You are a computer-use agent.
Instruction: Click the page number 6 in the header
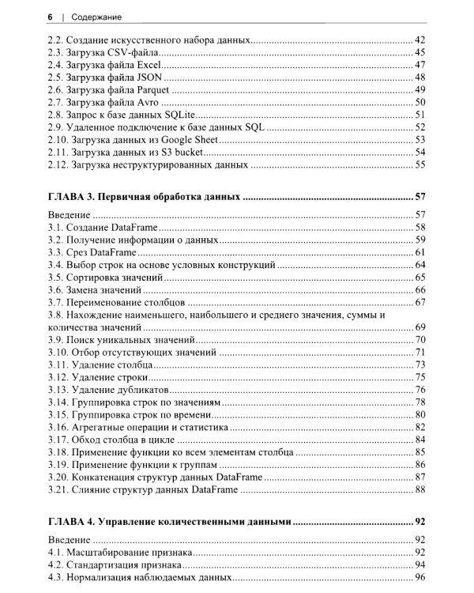click(x=50, y=16)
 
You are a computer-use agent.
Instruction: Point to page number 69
click(x=420, y=327)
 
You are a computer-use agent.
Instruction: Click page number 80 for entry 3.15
click(x=420, y=415)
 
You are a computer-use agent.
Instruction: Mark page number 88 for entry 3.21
click(x=420, y=491)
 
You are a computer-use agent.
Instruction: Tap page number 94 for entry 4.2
click(x=420, y=566)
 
